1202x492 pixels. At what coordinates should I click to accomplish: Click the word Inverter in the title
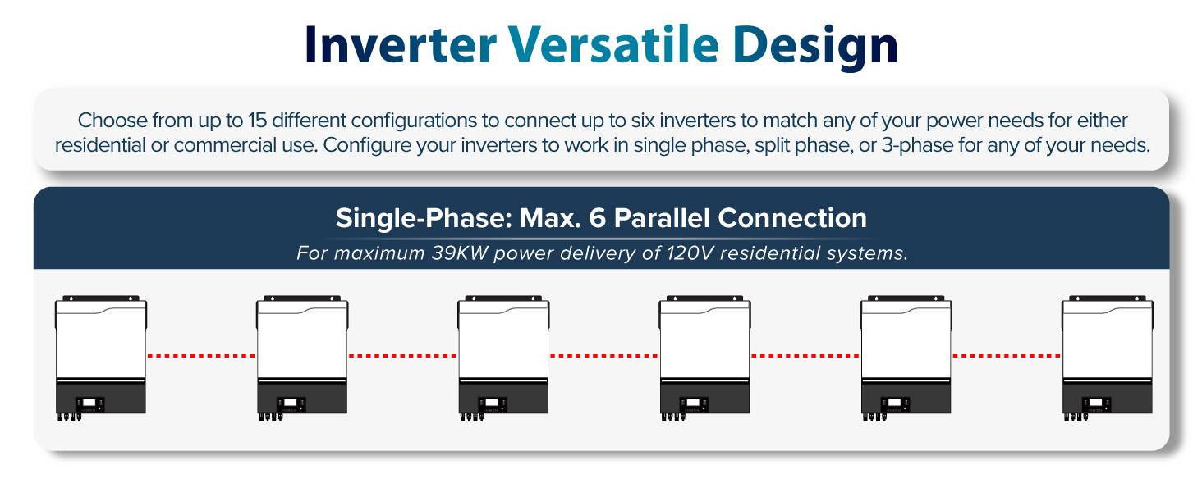(401, 45)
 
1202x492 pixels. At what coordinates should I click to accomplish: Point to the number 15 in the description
(257, 120)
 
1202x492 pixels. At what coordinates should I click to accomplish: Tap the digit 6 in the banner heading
(597, 218)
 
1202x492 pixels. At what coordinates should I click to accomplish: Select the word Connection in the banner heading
(792, 218)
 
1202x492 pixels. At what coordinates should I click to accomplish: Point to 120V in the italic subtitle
(689, 253)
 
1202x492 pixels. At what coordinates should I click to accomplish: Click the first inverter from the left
(101, 358)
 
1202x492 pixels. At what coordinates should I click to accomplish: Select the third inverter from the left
(503, 358)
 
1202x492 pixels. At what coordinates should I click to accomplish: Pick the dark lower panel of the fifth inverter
(906, 396)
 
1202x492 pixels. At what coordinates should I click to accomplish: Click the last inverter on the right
(1108, 358)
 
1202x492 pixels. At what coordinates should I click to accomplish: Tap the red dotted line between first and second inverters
(202, 355)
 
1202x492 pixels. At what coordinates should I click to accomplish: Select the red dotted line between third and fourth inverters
(604, 355)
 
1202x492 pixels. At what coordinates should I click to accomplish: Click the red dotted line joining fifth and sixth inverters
(1007, 355)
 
